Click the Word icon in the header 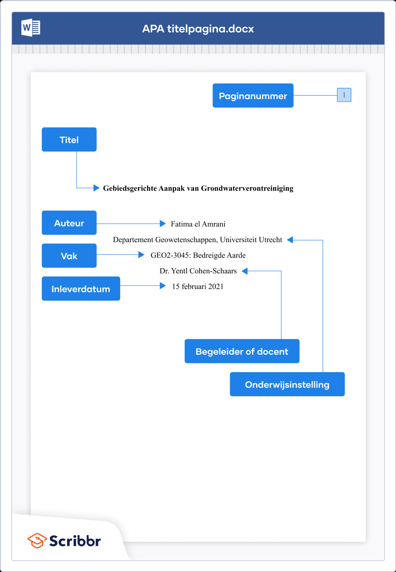pyautogui.click(x=31, y=28)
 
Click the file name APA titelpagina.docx pyautogui.click(x=198, y=29)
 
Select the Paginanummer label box pyautogui.click(x=253, y=96)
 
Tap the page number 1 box pyautogui.click(x=344, y=95)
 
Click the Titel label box pyautogui.click(x=69, y=139)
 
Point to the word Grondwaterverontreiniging pyautogui.click(x=247, y=188)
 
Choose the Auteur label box pyautogui.click(x=69, y=223)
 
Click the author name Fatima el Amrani pyautogui.click(x=198, y=224)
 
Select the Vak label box pyautogui.click(x=69, y=256)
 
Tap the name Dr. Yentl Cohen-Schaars pyautogui.click(x=198, y=271)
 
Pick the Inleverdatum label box pyautogui.click(x=81, y=288)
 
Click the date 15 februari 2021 pyautogui.click(x=198, y=286)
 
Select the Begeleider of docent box pyautogui.click(x=242, y=351)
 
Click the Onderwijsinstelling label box pyautogui.click(x=287, y=384)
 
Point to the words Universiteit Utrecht pyautogui.click(x=251, y=240)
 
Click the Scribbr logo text pyautogui.click(x=75, y=541)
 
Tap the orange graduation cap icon pyautogui.click(x=37, y=540)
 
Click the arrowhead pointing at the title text pyautogui.click(x=96, y=188)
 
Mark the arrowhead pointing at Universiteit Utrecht pyautogui.click(x=290, y=240)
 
